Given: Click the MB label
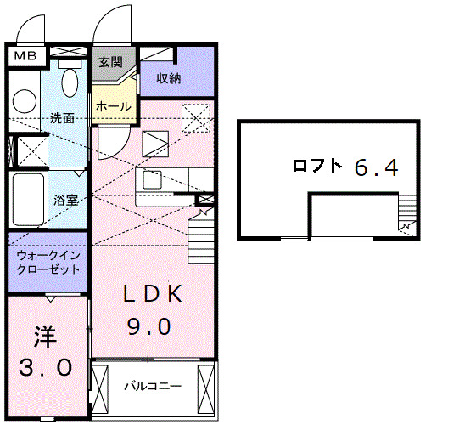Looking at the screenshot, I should click(x=24, y=57).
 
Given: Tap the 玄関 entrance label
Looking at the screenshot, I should click(x=109, y=62).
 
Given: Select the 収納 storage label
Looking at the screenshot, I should click(x=169, y=78).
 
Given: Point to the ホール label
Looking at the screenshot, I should click(x=113, y=106).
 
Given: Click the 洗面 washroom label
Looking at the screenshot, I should click(x=61, y=118).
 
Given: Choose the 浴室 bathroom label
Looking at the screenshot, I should click(x=66, y=201).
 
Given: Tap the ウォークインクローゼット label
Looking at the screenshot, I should click(x=48, y=262).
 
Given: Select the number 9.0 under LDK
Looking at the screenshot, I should click(x=150, y=326).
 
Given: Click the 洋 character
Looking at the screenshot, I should click(x=44, y=337).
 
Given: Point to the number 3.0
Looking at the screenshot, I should click(x=46, y=369).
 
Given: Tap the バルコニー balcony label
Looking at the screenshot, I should click(x=152, y=386).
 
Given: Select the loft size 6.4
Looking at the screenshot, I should click(x=376, y=167).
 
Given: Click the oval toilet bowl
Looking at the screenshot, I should click(x=71, y=83).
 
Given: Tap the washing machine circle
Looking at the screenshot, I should click(x=25, y=99).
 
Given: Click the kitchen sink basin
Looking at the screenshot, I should click(x=154, y=180).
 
